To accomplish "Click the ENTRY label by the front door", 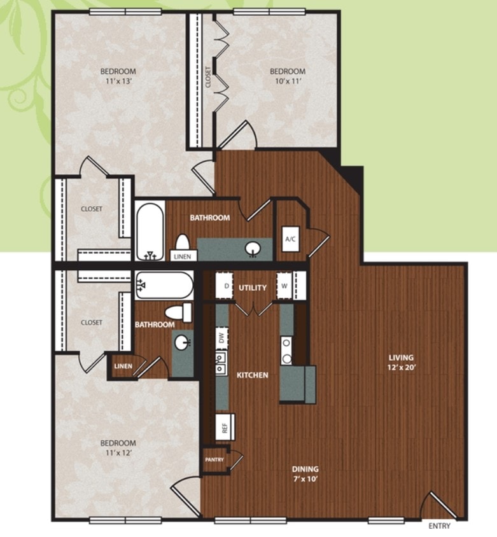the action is click(x=440, y=526).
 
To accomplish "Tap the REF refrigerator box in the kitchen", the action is click(x=225, y=427).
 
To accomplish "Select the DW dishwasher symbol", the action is click(x=221, y=338).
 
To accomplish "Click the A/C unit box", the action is click(x=290, y=239).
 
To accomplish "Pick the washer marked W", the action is click(x=284, y=286).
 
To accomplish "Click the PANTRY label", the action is click(x=214, y=459).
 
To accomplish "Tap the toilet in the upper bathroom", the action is click(x=182, y=242).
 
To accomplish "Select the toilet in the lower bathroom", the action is click(x=178, y=312).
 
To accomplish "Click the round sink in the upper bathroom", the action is click(x=253, y=249).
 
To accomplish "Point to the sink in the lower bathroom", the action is click(x=182, y=342).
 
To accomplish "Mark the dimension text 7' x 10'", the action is click(x=305, y=479).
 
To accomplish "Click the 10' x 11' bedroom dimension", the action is click(x=288, y=81).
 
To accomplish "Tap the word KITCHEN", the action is click(x=253, y=375).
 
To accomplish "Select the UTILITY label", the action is click(x=253, y=288).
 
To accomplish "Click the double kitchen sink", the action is click(x=221, y=363).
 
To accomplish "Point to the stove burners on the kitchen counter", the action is click(x=287, y=351).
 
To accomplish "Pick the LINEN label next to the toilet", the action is click(x=183, y=256).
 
